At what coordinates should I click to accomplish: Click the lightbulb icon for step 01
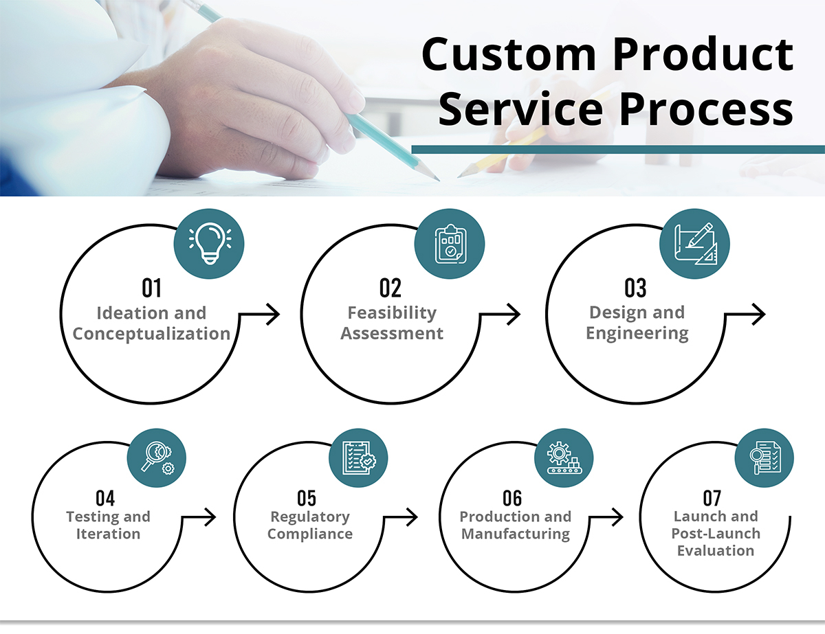coord(210,243)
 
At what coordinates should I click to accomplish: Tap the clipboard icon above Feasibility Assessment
coord(450,243)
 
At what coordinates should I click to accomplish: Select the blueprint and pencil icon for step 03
coord(696,244)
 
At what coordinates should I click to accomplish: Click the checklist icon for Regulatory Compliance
coord(359,457)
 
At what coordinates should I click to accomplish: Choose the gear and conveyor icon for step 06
coord(564,457)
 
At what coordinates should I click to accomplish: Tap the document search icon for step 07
coord(764,457)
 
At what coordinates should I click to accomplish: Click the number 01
coord(152,288)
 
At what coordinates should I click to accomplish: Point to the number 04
coord(105,498)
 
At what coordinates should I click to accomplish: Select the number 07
coord(712,498)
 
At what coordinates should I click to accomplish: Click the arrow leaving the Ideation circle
coord(259,315)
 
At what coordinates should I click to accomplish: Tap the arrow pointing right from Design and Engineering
coord(745,315)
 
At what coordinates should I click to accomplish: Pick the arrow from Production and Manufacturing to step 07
coord(606,517)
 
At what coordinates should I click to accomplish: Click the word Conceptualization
coord(151,334)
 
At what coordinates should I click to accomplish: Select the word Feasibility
coord(392,313)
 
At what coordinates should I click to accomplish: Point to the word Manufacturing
coord(516,534)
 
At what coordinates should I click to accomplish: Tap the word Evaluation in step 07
coord(716,551)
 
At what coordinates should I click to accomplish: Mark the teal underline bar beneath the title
coord(618,150)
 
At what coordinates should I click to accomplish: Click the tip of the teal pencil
coord(439,180)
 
